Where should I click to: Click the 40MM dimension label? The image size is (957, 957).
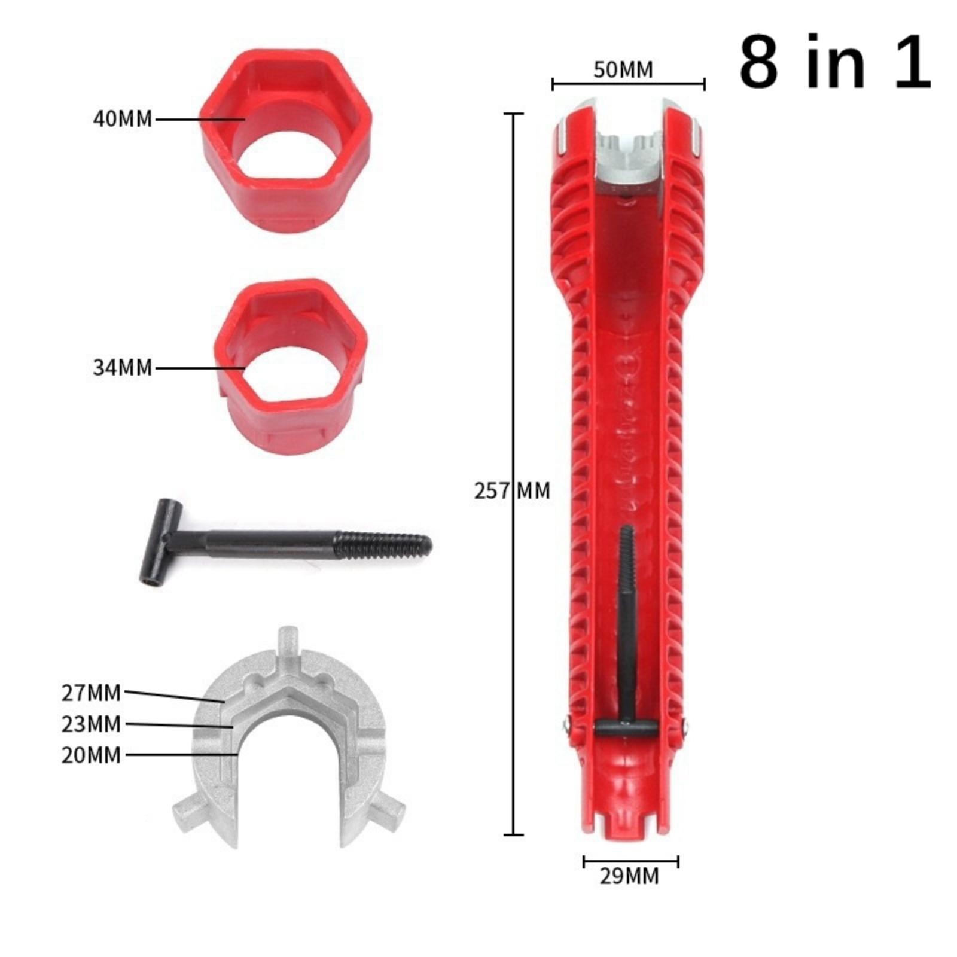123,119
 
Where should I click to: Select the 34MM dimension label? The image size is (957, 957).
123,367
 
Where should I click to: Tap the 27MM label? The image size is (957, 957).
91,693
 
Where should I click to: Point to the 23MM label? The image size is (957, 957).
91,724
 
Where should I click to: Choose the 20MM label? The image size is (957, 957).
91,755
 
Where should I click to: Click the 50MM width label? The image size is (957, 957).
623,69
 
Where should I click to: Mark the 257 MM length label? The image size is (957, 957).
512,490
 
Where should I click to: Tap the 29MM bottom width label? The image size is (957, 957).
629,876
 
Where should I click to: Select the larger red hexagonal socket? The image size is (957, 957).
286,141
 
